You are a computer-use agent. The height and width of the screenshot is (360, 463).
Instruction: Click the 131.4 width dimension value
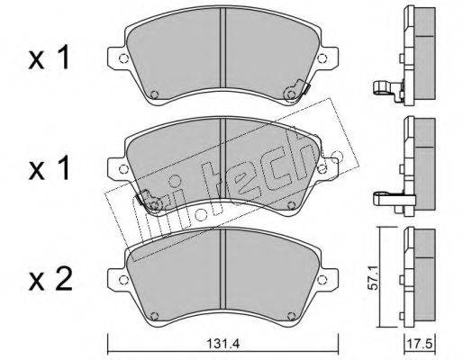tap(222, 344)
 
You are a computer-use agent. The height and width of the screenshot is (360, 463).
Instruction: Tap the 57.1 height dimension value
tap(373, 277)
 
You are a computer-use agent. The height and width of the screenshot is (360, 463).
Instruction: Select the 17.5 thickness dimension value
tap(420, 344)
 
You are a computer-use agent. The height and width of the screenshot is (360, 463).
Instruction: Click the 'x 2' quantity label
tap(50, 280)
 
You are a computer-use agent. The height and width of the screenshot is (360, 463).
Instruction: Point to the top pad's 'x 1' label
tap(49, 58)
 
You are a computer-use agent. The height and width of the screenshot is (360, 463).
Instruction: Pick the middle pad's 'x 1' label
tap(49, 168)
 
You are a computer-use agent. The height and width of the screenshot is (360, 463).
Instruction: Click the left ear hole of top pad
tap(123, 58)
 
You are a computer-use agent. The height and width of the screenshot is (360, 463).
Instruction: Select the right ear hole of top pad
tap(322, 58)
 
